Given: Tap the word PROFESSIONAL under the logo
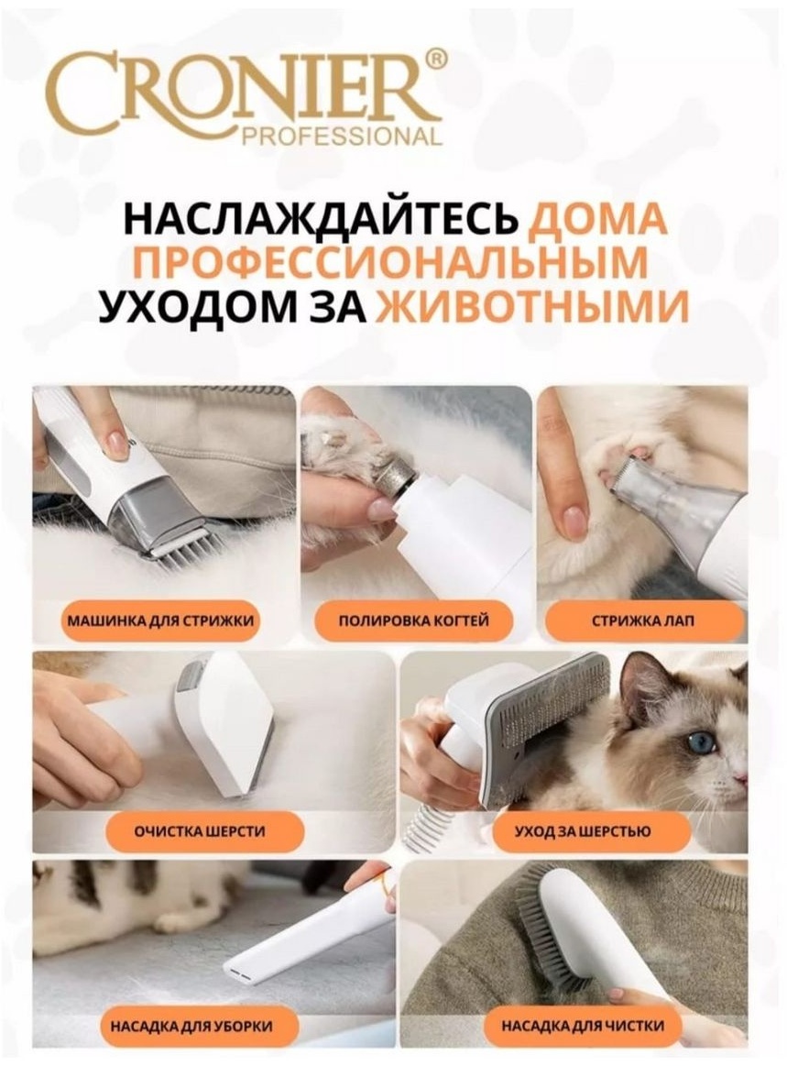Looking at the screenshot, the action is (343, 136).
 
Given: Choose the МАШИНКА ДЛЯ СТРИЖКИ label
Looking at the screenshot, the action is (160, 621).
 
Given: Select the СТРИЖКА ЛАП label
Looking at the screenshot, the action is (643, 621).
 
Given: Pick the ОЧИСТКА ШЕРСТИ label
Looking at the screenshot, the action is (199, 831).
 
